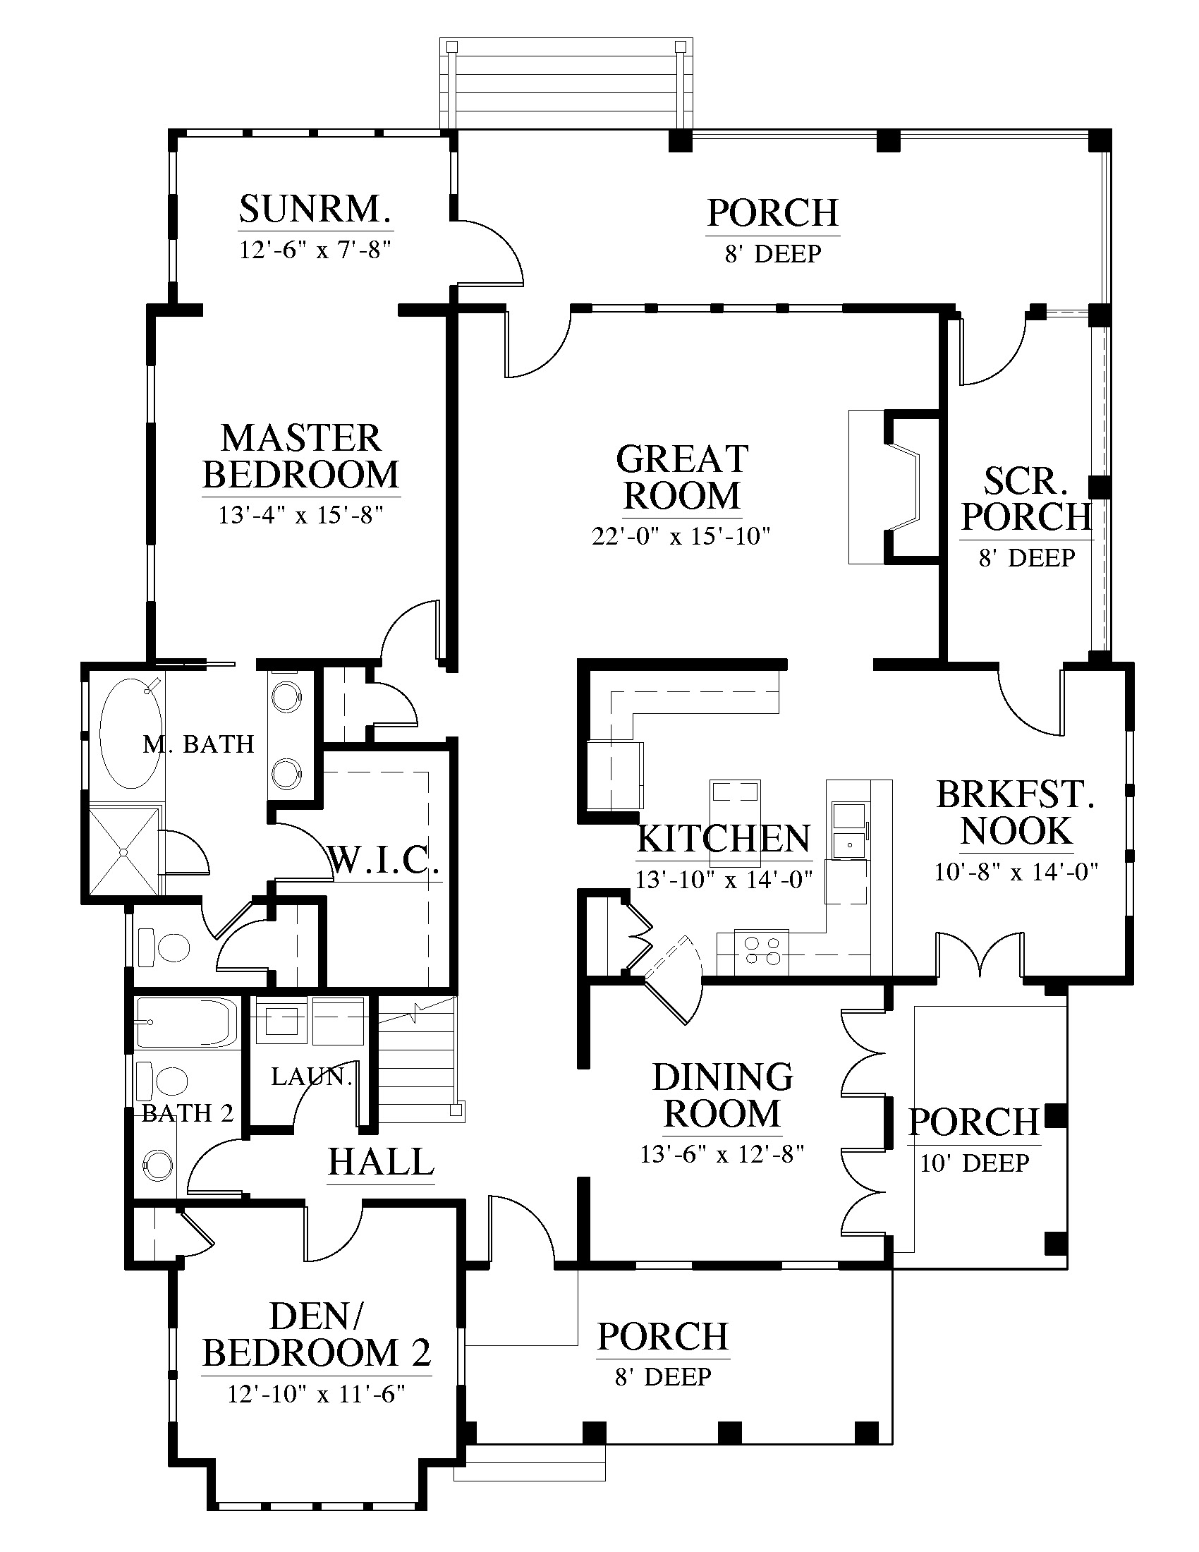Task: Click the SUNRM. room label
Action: [x=315, y=209]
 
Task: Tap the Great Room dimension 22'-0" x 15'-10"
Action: [x=681, y=536]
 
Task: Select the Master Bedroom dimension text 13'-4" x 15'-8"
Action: [x=301, y=514]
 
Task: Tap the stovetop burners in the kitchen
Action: [x=762, y=951]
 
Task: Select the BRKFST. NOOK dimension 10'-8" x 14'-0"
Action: [x=1016, y=871]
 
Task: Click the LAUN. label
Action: [x=311, y=1077]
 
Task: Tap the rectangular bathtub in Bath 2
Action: [x=186, y=1022]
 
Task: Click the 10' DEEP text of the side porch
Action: [x=975, y=1163]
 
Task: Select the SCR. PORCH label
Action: [x=1025, y=499]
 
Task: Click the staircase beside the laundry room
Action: [x=415, y=1059]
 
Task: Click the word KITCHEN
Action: [x=723, y=839]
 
